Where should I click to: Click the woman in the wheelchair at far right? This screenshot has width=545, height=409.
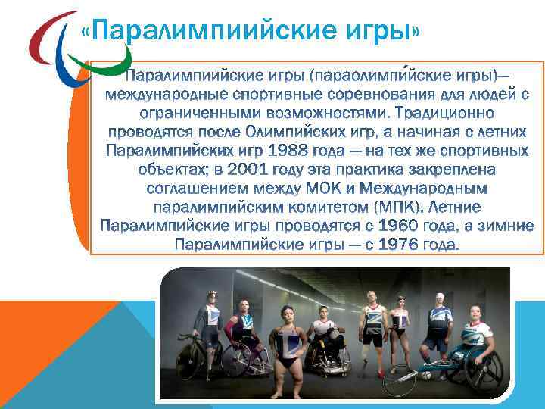click(475, 333)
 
